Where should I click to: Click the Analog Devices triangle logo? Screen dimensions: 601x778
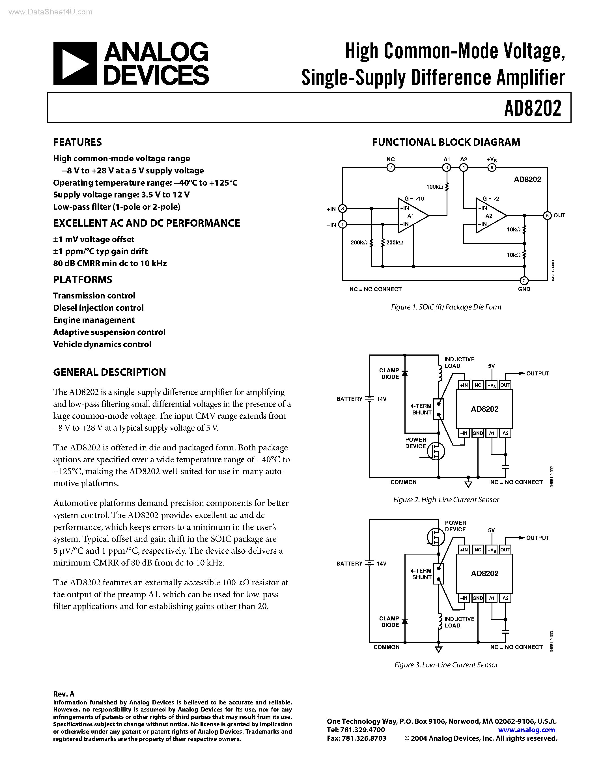pyautogui.click(x=75, y=64)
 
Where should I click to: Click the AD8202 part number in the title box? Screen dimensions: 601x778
pyautogui.click(x=532, y=108)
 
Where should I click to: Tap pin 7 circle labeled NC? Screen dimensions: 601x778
pyautogui.click(x=391, y=167)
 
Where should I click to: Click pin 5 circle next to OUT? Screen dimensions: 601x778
pyautogui.click(x=547, y=216)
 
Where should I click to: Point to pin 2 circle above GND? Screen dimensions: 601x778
pyautogui.click(x=524, y=281)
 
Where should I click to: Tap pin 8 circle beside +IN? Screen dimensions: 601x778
pyautogui.click(x=342, y=209)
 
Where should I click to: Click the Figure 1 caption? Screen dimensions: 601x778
pyautogui.click(x=446, y=307)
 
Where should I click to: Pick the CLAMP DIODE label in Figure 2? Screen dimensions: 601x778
pyautogui.click(x=389, y=374)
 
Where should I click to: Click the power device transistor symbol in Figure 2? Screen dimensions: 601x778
pyautogui.click(x=436, y=451)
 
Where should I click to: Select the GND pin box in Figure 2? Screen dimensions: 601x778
pyautogui.click(x=477, y=433)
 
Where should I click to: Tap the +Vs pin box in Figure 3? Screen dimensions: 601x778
pyautogui.click(x=491, y=550)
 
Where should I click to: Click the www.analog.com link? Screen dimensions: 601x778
pyautogui.click(x=527, y=730)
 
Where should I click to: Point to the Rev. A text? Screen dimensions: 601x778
pyautogui.click(x=64, y=694)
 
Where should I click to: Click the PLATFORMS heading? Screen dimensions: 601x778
pyautogui.click(x=83, y=280)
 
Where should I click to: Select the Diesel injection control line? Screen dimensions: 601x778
pyautogui.click(x=98, y=308)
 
